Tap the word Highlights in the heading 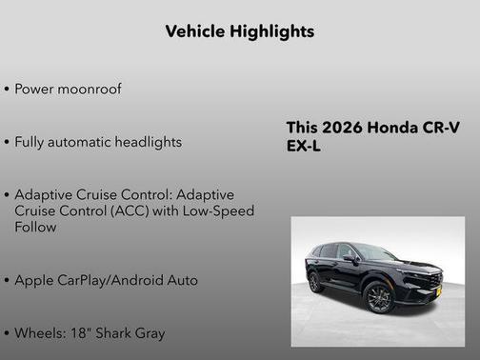[x=274, y=31]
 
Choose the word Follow [x=36, y=228]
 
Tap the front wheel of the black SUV [x=378, y=296]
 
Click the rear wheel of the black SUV [x=315, y=283]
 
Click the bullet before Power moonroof [x=8, y=89]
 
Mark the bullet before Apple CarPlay [x=8, y=281]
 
